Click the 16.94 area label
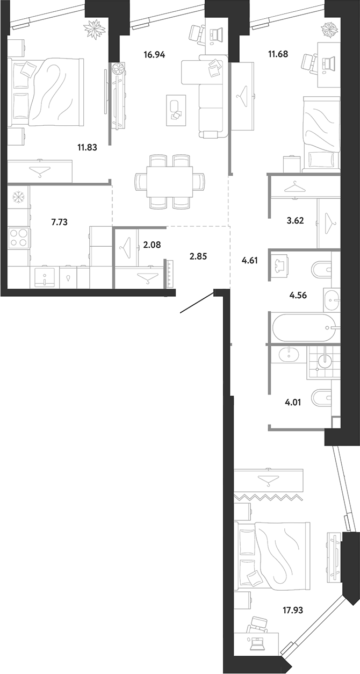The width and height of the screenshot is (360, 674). (x=154, y=55)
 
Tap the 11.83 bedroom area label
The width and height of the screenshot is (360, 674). (x=87, y=147)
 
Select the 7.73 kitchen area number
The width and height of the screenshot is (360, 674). (x=59, y=223)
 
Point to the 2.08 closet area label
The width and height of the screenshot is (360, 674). (x=152, y=245)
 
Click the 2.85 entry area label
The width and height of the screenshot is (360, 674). (x=198, y=257)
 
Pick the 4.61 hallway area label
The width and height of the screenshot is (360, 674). (x=250, y=260)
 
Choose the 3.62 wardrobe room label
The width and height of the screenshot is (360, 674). (x=295, y=221)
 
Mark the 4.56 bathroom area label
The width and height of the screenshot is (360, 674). (x=298, y=296)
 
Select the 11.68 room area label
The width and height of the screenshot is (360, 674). (x=278, y=54)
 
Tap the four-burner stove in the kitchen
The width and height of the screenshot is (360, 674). (x=19, y=238)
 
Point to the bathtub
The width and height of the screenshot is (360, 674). (x=304, y=328)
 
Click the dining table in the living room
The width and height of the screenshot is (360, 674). (x=170, y=182)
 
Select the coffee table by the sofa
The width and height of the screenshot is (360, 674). (x=176, y=110)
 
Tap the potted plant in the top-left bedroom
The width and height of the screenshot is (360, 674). (x=95, y=28)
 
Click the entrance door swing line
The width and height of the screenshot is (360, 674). (x=197, y=303)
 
